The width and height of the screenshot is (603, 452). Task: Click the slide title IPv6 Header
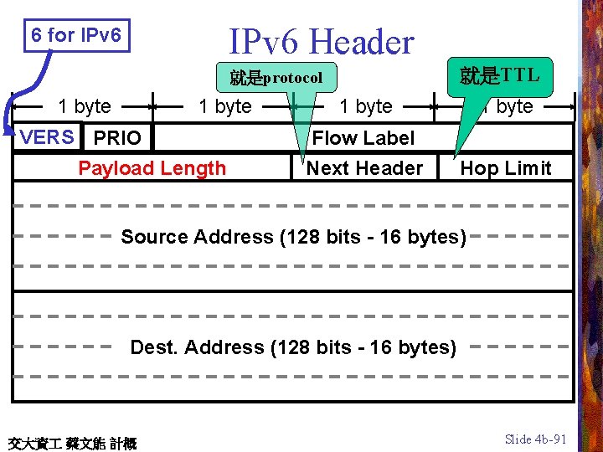click(322, 42)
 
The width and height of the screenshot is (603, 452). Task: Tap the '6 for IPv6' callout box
click(77, 36)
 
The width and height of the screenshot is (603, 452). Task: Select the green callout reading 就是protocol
click(276, 78)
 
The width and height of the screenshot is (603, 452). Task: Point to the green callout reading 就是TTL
click(499, 75)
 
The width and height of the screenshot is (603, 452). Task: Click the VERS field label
click(47, 137)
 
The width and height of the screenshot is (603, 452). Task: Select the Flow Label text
click(363, 138)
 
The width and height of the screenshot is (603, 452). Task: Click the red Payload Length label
click(152, 168)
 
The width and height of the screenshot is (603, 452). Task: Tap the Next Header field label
click(364, 168)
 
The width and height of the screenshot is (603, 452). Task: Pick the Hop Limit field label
click(506, 168)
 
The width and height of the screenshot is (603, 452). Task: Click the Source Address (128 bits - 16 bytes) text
click(293, 237)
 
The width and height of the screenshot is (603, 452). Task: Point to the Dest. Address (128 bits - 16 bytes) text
click(293, 347)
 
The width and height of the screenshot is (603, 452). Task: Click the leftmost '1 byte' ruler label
click(84, 106)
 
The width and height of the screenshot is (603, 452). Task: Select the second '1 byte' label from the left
click(224, 106)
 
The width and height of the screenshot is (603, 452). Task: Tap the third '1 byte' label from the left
click(365, 106)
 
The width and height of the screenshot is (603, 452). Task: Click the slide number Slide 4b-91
click(536, 439)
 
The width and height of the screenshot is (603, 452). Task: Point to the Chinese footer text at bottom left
click(71, 443)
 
